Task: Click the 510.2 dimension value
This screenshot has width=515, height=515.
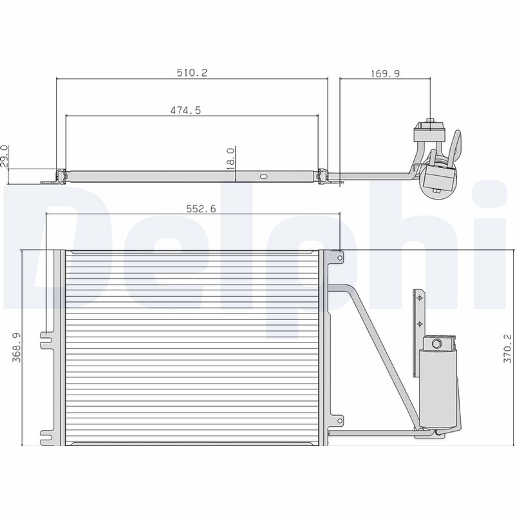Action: (192, 73)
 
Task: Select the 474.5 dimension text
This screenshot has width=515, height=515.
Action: (185, 111)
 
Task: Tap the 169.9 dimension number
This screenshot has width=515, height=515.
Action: (385, 73)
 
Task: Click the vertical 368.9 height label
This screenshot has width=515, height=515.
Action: (17, 347)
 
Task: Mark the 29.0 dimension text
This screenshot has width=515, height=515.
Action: (5, 156)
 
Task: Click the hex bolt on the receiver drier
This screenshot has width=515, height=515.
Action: (437, 343)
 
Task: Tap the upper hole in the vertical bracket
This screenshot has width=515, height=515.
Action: (420, 298)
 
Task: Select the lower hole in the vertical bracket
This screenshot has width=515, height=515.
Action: (420, 323)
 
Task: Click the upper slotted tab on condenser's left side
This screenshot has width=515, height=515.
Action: (46, 341)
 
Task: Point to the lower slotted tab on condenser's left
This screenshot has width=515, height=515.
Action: (46, 436)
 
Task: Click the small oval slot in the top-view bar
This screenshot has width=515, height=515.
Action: (263, 176)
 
